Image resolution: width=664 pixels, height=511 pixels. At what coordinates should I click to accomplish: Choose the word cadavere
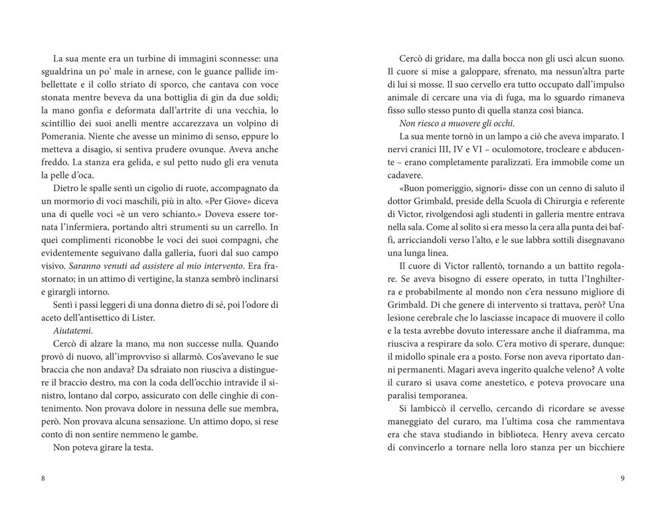point(406,175)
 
